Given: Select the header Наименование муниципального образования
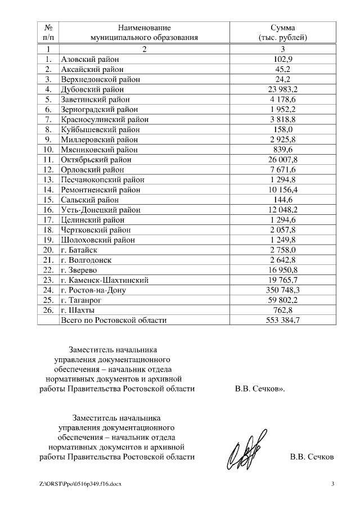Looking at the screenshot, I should click(x=145, y=33).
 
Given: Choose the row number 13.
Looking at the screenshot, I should click(x=48, y=179).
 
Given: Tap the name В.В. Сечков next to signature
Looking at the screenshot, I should click(x=312, y=457).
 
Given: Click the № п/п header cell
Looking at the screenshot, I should click(x=48, y=33).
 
